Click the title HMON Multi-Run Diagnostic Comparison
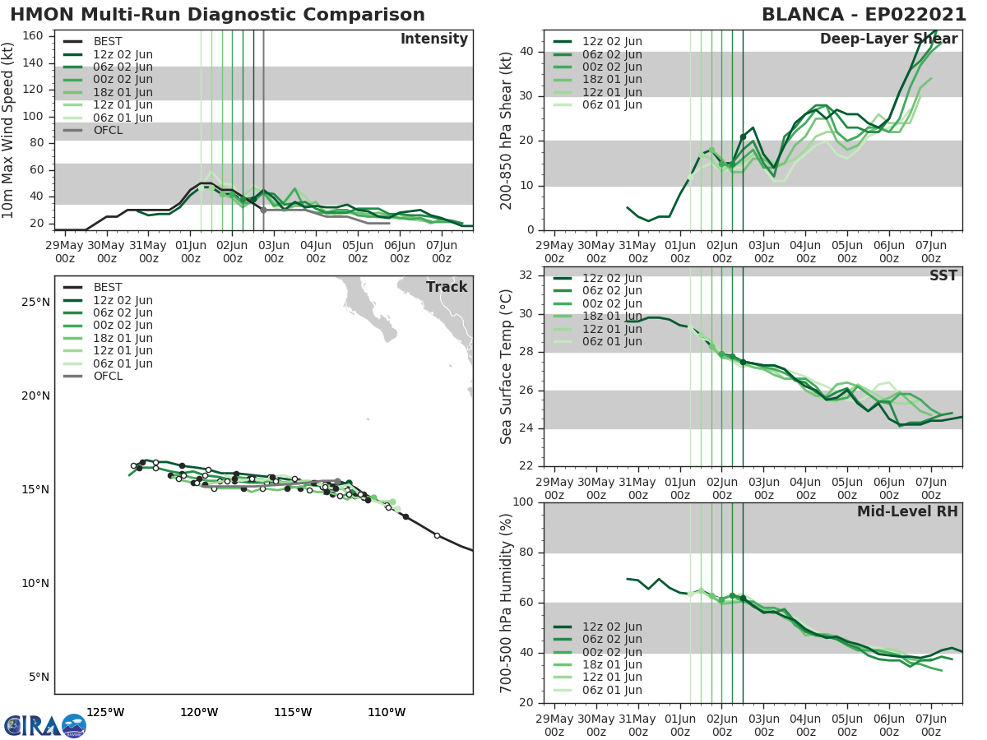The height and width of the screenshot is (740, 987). click(x=218, y=15)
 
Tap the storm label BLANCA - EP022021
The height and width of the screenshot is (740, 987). click(x=860, y=15)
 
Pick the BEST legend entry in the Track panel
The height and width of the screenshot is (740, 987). click(x=108, y=287)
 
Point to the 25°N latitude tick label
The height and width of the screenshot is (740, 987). click(x=35, y=302)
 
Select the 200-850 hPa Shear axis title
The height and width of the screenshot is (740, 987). click(x=507, y=131)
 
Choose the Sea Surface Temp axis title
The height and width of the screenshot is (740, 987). click(x=507, y=367)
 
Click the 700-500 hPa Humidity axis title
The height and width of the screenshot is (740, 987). click(x=507, y=602)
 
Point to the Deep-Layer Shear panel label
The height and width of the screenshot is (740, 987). click(x=888, y=39)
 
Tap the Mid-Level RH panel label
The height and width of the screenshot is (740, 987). click(x=907, y=511)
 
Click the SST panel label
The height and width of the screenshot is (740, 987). click(x=943, y=275)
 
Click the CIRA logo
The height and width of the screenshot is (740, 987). click(x=45, y=725)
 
